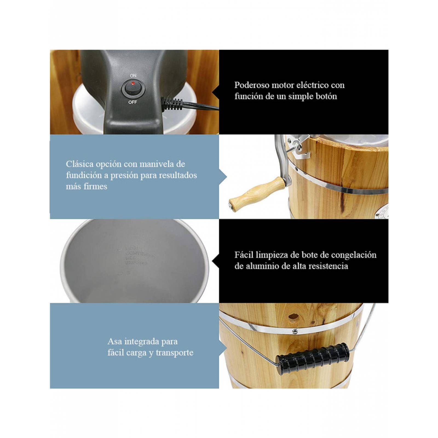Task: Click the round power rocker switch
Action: point(133,88)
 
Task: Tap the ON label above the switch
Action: point(133,75)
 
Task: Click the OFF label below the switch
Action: point(133,102)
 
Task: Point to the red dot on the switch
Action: point(133,83)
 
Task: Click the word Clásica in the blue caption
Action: point(79,164)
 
